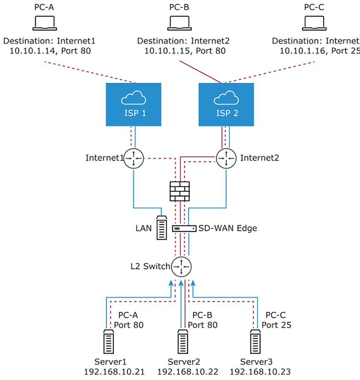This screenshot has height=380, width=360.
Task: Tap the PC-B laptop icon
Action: click(180, 23)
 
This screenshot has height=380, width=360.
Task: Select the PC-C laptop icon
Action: click(315, 23)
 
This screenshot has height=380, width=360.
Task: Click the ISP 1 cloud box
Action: click(133, 104)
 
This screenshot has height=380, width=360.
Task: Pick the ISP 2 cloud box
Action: click(226, 104)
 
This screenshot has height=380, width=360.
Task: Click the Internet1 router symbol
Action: click(133, 158)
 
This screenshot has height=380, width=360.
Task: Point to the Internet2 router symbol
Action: click(226, 158)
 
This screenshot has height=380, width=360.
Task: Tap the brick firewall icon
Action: click(180, 191)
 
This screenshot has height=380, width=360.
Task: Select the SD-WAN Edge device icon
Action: click(184, 228)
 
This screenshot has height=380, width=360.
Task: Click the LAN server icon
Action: click(161, 228)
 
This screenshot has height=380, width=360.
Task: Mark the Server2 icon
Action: click(181, 342)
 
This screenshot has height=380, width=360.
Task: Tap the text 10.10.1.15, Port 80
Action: click(185, 51)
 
